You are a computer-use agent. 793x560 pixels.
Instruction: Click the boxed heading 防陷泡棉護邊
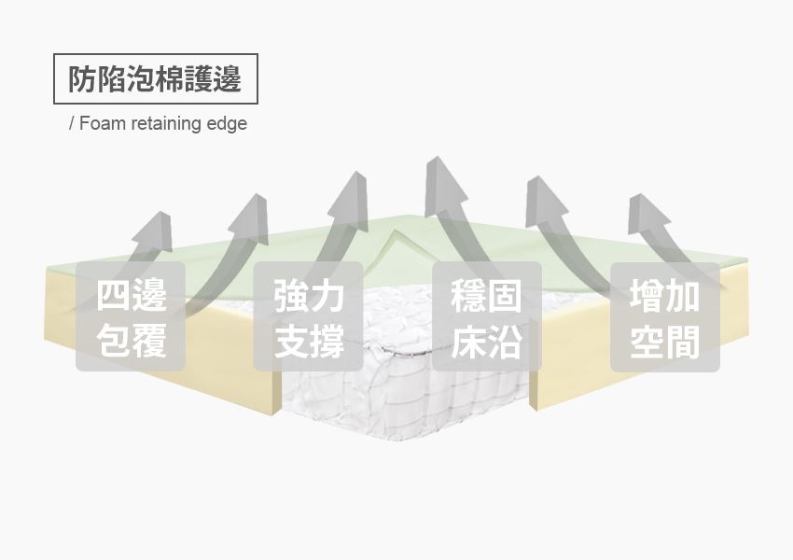click(155, 79)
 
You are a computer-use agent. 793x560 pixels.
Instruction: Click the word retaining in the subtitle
click(160, 123)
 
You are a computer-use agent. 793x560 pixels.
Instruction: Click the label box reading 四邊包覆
click(131, 316)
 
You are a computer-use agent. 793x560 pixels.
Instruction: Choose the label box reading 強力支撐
click(309, 316)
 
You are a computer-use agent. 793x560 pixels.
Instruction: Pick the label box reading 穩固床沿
click(487, 316)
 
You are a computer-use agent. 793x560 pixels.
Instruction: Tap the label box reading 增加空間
click(665, 316)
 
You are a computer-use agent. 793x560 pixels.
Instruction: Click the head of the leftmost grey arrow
click(154, 231)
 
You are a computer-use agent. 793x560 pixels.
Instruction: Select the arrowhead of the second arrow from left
click(251, 218)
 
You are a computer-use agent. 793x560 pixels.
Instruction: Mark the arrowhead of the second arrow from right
click(544, 201)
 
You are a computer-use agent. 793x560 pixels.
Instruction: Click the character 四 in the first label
click(112, 296)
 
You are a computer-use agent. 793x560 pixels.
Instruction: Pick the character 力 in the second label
click(327, 296)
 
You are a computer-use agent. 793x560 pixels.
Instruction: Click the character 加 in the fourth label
click(683, 296)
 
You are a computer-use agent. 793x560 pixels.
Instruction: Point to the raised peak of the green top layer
click(396, 233)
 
